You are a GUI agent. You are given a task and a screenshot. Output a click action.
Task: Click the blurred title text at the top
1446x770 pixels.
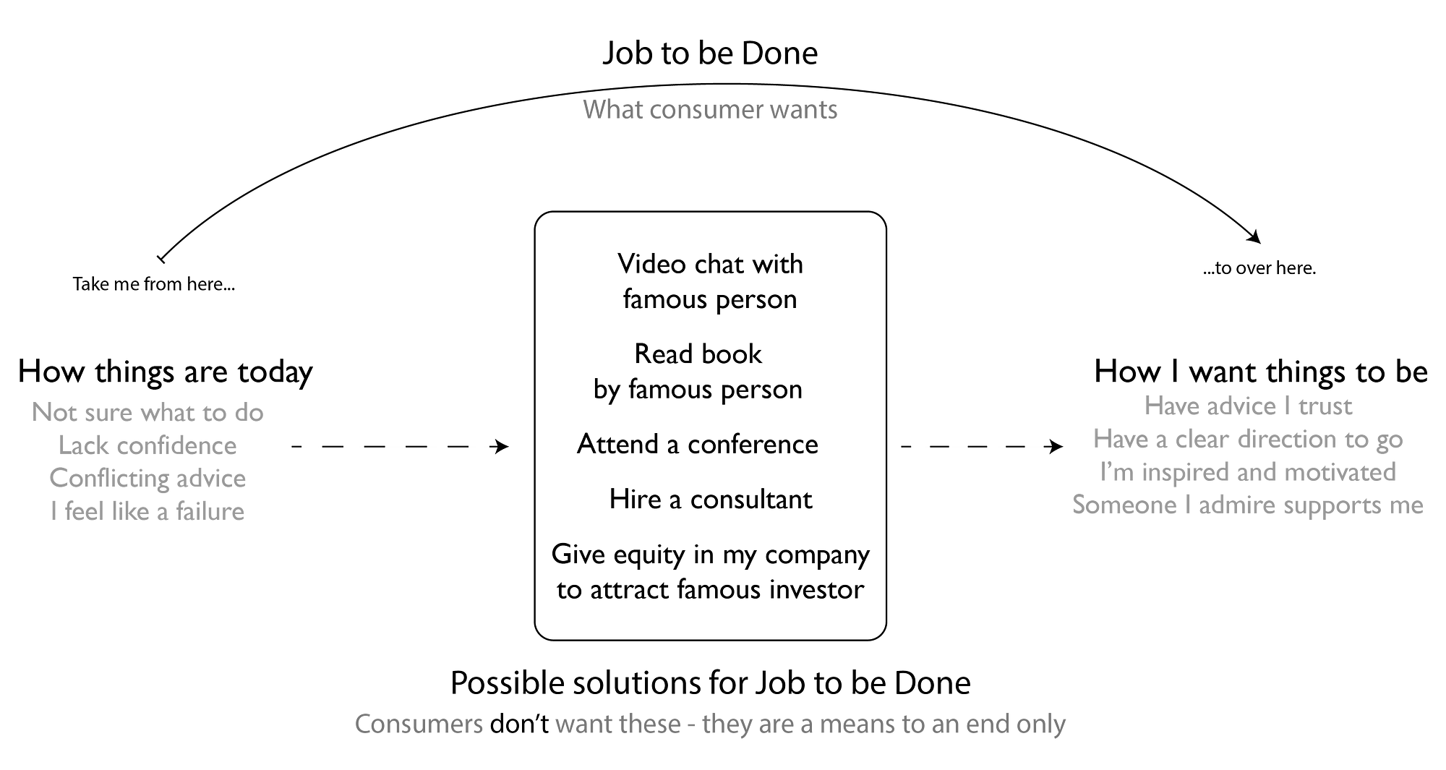709,109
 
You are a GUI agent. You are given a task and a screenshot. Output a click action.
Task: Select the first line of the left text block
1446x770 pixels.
148,414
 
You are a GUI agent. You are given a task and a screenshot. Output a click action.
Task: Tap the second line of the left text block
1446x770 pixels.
148,446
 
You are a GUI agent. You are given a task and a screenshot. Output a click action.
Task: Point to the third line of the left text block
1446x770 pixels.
148,479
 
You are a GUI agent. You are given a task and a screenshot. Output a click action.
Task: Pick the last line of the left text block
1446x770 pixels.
148,511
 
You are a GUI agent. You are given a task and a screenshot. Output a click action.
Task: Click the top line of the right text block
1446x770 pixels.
1247,406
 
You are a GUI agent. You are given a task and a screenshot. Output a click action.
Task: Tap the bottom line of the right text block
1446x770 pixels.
1244,505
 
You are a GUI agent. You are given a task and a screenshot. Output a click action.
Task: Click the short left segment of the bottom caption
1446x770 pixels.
419,724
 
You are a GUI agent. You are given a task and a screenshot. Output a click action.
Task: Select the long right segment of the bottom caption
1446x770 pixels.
810,724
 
